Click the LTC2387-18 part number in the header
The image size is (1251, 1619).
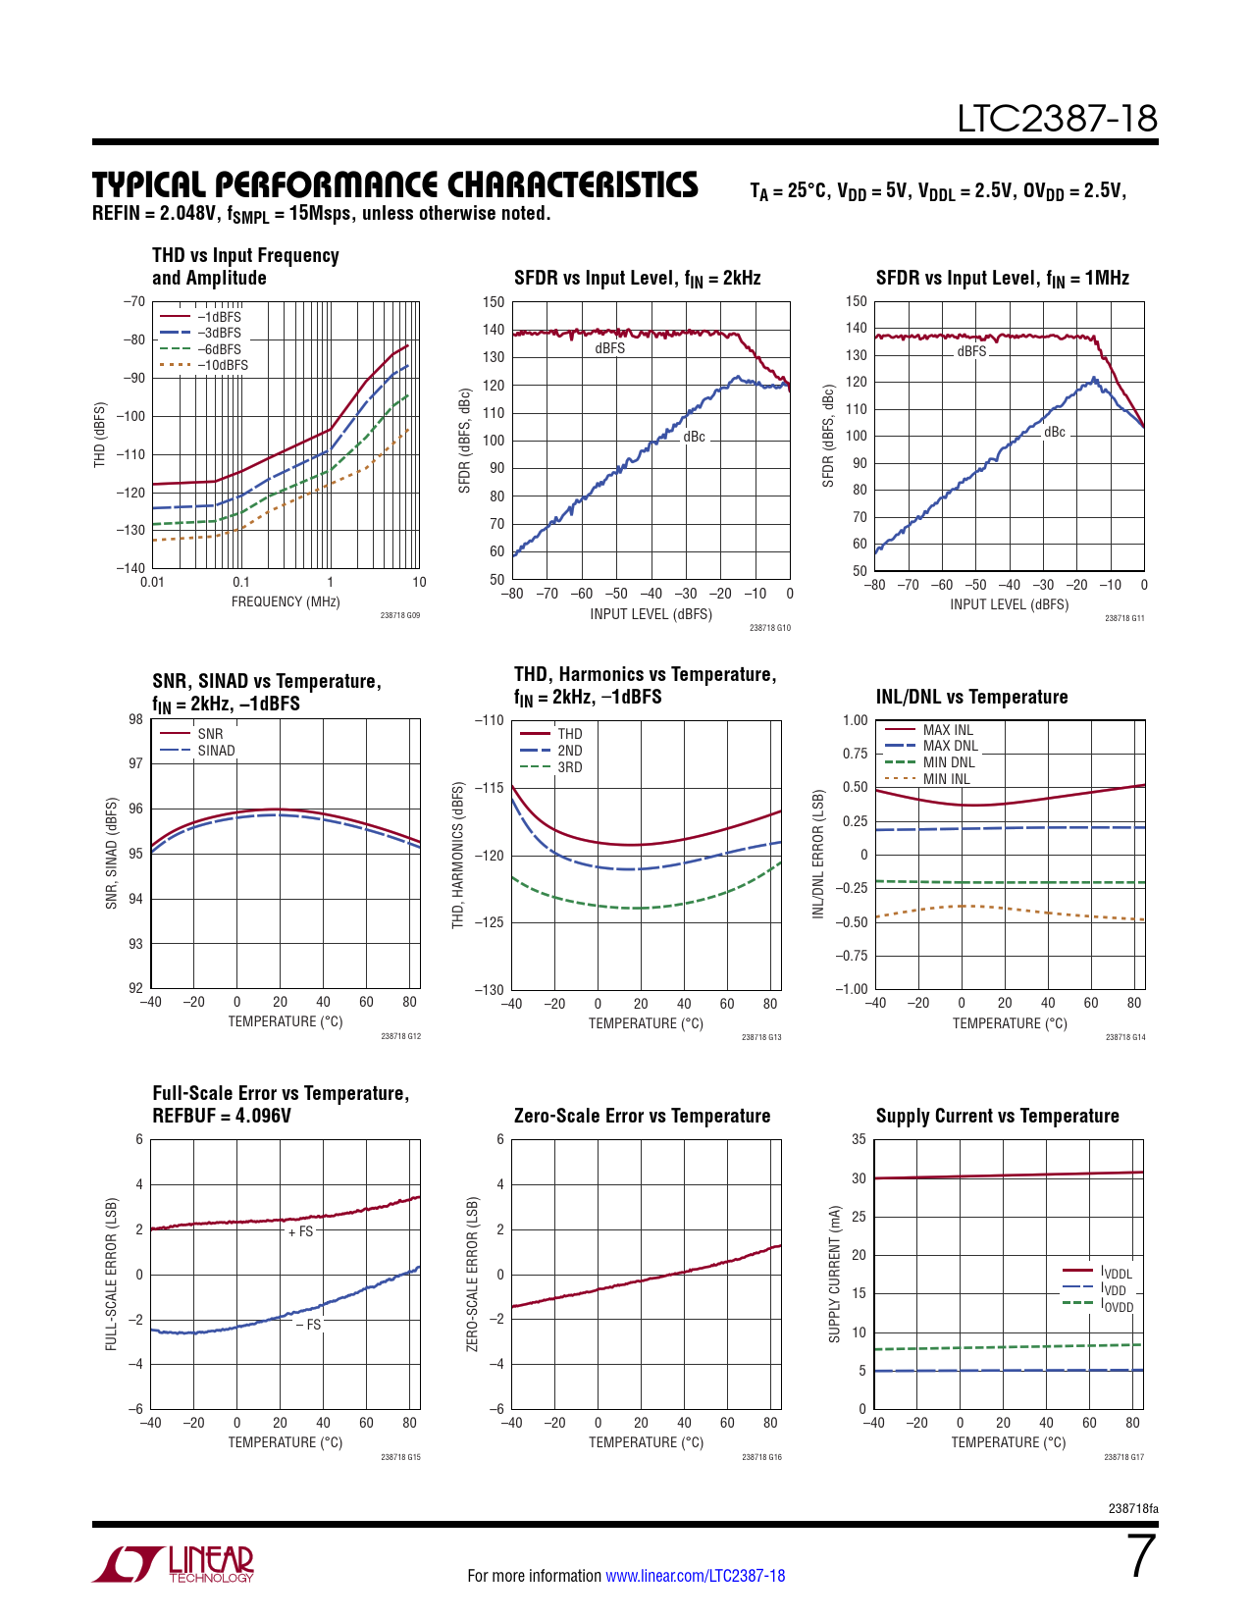pos(1057,120)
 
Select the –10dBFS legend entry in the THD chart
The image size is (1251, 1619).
pos(222,365)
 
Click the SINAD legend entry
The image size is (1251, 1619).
pos(216,751)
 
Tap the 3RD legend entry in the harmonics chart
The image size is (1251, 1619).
pos(569,767)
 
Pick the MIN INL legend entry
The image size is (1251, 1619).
pos(946,779)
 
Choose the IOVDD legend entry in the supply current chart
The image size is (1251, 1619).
pos(1117,1306)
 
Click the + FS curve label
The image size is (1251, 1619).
pos(301,1231)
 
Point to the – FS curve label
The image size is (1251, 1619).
pos(309,1325)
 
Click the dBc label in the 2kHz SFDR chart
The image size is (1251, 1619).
pos(694,438)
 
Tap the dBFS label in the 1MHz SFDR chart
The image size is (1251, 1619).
pos(971,351)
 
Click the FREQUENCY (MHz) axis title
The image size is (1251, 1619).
pos(286,601)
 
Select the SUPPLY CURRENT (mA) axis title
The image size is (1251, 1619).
pos(835,1274)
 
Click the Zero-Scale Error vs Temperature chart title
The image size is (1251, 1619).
pos(642,1116)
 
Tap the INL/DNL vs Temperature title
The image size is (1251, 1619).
pos(971,697)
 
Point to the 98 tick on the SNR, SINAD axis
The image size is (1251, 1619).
pos(135,719)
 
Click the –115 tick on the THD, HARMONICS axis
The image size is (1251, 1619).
pos(489,788)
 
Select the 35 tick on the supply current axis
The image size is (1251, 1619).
pos(859,1139)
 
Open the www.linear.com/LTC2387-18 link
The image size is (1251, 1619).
pos(695,1576)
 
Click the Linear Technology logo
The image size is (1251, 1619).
pos(173,1564)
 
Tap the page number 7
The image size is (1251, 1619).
pos(1142,1556)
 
